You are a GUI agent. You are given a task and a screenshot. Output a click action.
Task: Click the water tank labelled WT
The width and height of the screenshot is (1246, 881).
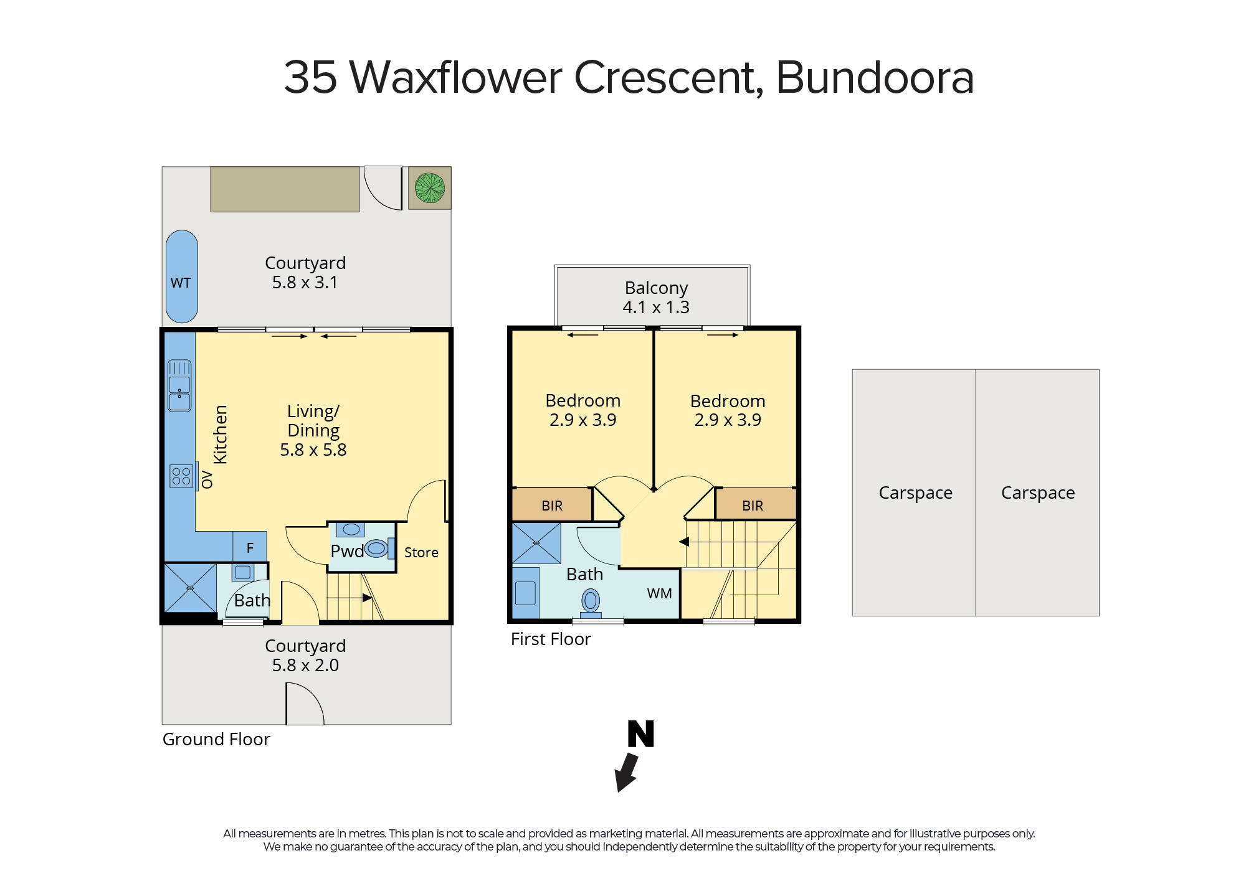pos(181,276)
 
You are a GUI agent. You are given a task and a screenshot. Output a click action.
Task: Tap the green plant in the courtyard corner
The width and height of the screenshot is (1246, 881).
pos(430,188)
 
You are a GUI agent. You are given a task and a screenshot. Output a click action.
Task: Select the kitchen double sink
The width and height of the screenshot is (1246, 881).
pos(179,386)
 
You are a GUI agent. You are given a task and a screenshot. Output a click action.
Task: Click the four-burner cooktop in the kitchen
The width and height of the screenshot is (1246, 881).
pos(181,477)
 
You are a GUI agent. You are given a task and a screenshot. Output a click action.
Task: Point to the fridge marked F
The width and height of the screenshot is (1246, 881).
pos(250,547)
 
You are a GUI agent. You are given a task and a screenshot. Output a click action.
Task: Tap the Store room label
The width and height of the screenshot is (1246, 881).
pos(421,552)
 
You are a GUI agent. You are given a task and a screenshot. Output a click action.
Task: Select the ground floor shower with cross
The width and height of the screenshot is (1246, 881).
pos(190,588)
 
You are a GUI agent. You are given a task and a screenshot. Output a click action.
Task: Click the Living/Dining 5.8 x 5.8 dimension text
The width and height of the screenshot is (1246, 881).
pos(313,450)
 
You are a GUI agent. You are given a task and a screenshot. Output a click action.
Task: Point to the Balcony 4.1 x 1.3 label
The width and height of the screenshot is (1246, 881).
pos(655,297)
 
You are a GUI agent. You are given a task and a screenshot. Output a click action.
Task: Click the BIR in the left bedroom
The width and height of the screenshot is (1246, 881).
pos(552,505)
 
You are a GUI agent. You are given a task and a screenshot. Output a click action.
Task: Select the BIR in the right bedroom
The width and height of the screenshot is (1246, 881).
pos(752,505)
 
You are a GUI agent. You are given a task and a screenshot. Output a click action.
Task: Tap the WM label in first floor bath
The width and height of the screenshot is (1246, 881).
pos(659,593)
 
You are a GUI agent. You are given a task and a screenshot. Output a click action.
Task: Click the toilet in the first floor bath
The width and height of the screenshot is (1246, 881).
pos(591,601)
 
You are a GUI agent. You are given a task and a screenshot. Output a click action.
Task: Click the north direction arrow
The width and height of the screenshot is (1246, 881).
pos(626,773)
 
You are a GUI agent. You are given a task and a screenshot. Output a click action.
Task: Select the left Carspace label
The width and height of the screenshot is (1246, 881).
pos(915,492)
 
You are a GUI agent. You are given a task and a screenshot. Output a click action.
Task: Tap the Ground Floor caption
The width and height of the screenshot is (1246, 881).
pos(216,739)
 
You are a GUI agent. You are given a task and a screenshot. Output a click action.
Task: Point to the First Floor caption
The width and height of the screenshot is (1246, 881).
pos(551,639)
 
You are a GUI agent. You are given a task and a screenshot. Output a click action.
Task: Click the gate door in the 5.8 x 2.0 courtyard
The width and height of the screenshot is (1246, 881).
pos(305,704)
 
